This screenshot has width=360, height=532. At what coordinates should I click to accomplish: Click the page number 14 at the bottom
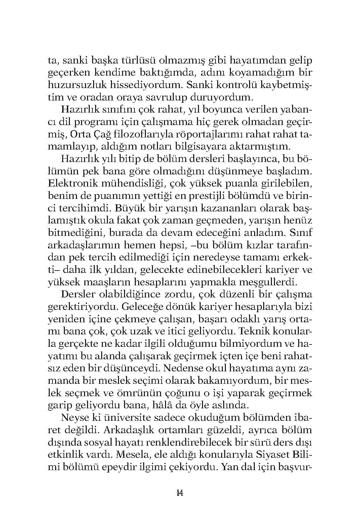(179, 493)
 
